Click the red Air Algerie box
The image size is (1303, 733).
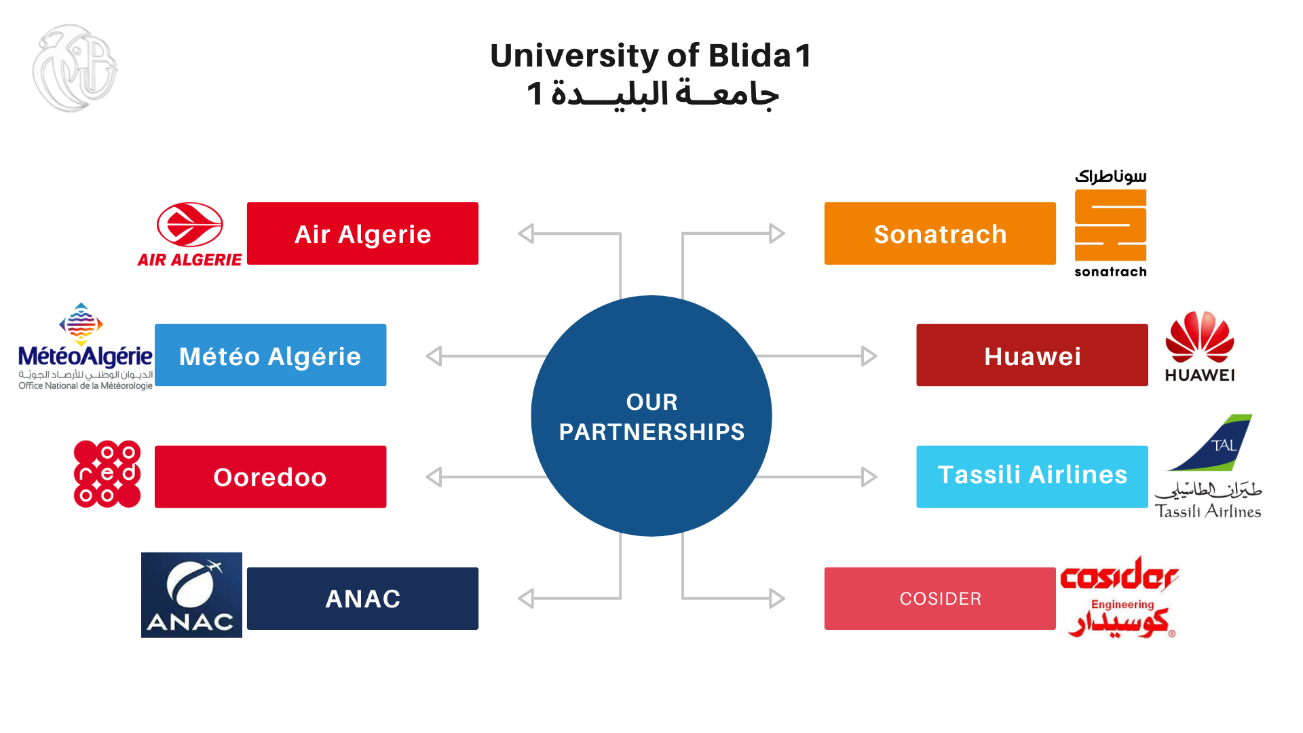click(x=362, y=233)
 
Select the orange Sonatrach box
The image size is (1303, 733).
click(x=940, y=233)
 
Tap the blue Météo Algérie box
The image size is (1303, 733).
click(x=270, y=355)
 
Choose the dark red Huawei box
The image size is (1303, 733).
click(x=1032, y=355)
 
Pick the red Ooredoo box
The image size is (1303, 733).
click(x=270, y=476)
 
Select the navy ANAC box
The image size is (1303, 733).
click(x=362, y=599)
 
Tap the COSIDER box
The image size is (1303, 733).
click(x=940, y=599)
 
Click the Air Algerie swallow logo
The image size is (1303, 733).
click(x=190, y=225)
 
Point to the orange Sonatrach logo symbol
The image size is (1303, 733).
click(x=1110, y=225)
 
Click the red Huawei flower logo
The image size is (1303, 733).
click(x=1199, y=337)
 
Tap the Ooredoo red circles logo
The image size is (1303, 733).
click(x=107, y=474)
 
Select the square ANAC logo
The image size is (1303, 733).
click(x=191, y=595)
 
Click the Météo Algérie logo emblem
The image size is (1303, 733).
click(x=81, y=324)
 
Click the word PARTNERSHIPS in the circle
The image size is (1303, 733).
click(x=651, y=432)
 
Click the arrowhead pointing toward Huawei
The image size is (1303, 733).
click(x=869, y=356)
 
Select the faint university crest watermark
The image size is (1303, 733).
click(x=75, y=68)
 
